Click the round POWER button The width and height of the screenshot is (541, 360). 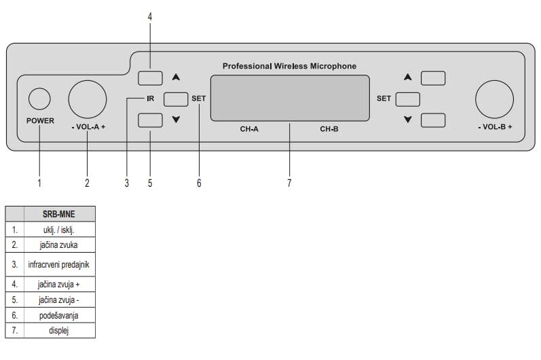coord(40,99)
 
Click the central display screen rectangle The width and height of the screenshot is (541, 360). coord(290,98)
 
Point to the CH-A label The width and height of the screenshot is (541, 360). coord(249,128)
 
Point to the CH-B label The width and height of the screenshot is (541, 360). coord(329,128)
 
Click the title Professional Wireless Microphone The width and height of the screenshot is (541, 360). coord(289,66)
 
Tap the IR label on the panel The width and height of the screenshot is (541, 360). coord(150,98)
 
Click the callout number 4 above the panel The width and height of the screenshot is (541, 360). coord(150,16)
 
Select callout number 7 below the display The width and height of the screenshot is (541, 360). coord(289,183)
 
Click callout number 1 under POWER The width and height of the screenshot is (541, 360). coord(39,183)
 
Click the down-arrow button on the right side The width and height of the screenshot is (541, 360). coord(432,120)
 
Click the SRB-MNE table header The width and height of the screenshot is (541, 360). coord(59,213)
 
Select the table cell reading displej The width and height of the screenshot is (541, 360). coord(59,331)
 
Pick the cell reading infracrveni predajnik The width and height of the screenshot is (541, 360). coord(59,264)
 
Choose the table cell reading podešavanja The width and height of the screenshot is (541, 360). coord(59,315)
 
